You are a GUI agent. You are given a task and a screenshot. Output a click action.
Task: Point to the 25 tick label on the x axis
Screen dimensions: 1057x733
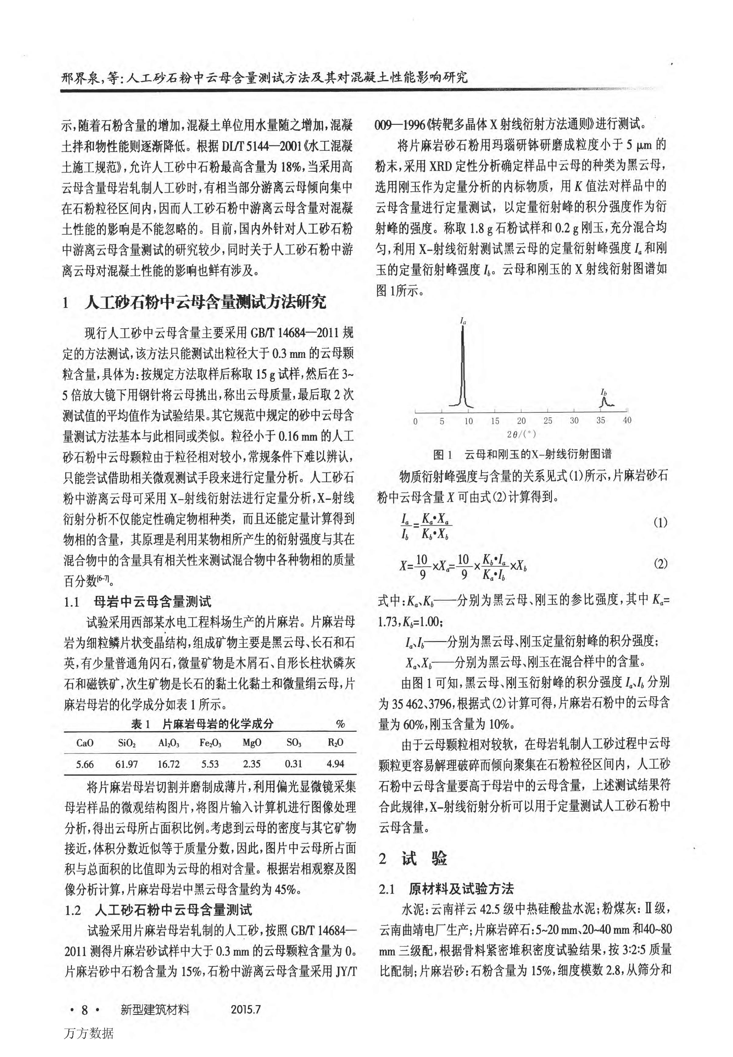(548, 421)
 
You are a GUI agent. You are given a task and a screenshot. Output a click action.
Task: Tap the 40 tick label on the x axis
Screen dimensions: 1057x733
(627, 420)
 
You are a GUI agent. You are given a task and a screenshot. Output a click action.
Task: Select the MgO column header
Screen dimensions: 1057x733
(252, 743)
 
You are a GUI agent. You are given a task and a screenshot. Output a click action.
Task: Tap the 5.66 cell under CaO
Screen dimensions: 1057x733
(85, 764)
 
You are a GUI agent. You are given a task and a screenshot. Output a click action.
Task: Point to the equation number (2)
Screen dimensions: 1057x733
(660, 564)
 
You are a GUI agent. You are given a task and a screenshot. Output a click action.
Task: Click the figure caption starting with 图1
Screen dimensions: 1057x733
(522, 455)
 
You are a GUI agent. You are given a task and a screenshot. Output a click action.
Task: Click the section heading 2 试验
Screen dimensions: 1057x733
(413, 859)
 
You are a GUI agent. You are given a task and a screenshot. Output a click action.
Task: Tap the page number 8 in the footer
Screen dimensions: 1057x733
(84, 1010)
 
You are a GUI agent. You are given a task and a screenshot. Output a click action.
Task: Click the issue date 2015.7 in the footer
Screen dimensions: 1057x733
(246, 1010)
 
